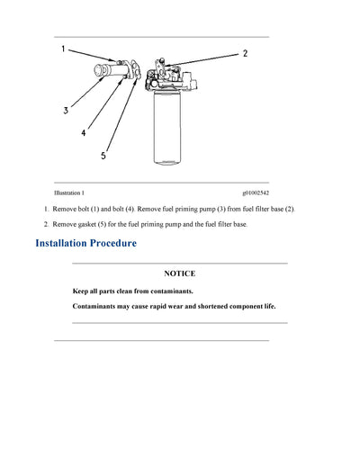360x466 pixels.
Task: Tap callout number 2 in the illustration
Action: click(245, 54)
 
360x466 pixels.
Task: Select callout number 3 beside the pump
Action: click(66, 112)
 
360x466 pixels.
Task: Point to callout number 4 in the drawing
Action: click(84, 132)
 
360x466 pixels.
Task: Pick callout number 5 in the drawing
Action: click(103, 155)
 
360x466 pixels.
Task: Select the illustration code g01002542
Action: click(255, 193)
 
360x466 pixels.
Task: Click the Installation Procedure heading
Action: click(85, 243)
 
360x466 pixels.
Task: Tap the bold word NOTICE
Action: click(179, 273)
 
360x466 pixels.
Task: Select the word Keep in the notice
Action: click(81, 291)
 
